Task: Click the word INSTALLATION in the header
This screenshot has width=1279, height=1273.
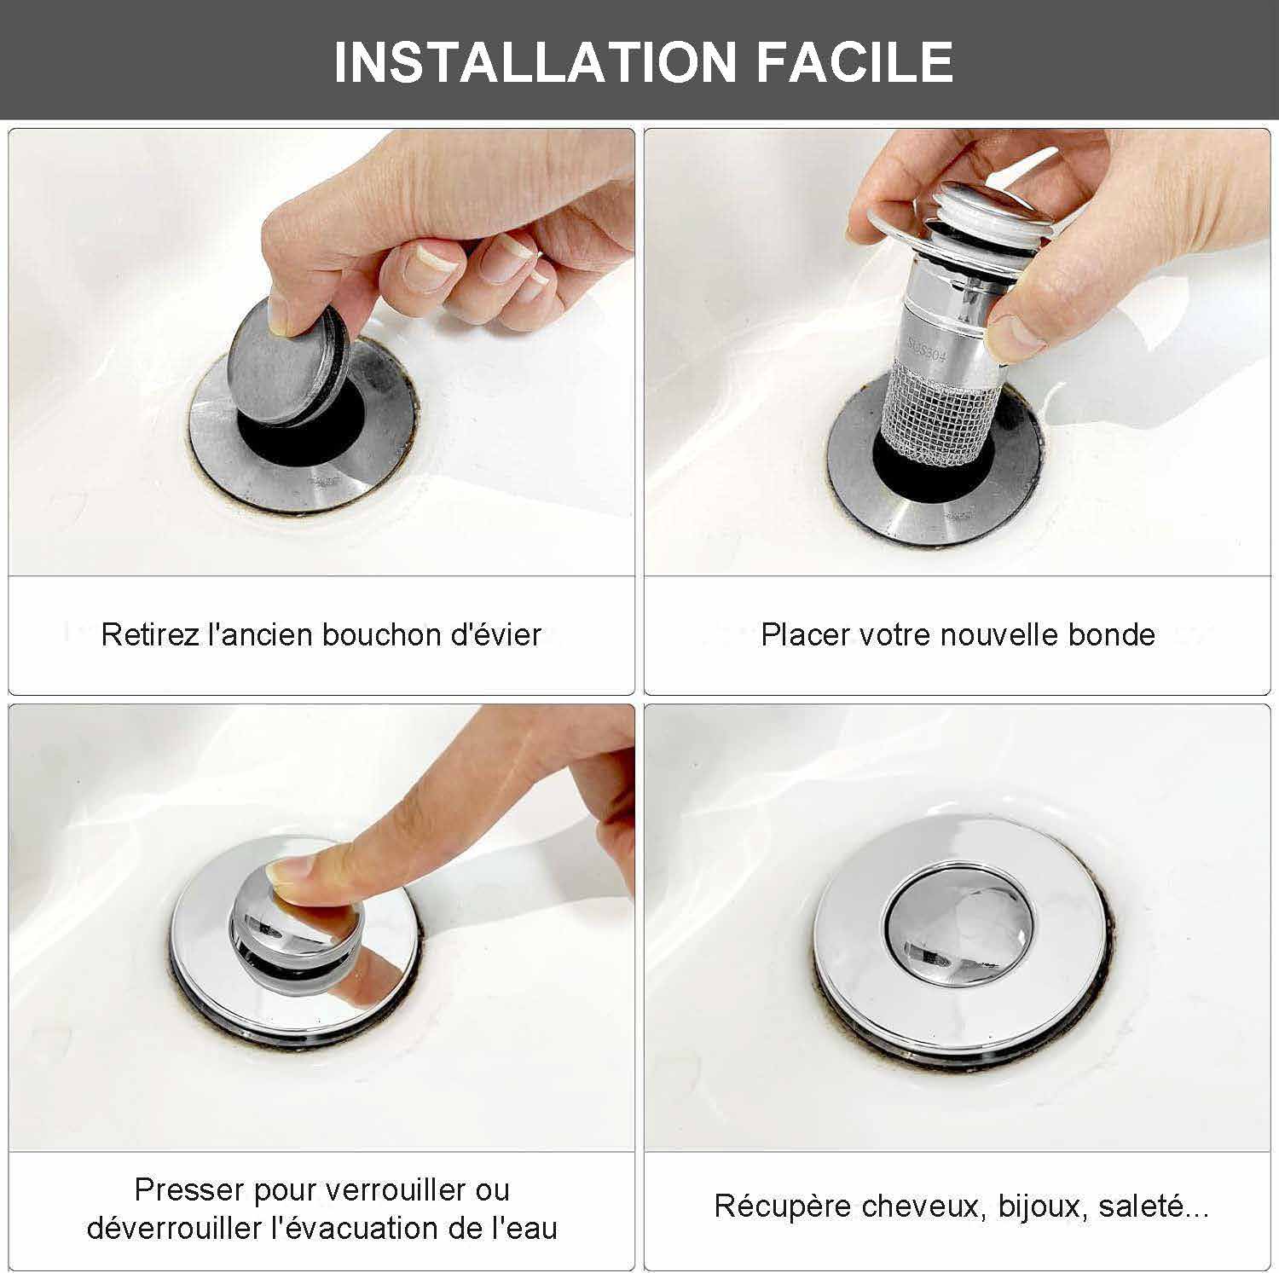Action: (535, 61)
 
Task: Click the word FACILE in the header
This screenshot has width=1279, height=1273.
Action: (854, 61)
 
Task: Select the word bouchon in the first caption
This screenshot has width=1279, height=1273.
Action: (371, 634)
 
